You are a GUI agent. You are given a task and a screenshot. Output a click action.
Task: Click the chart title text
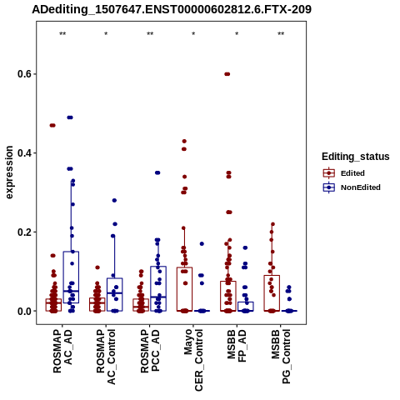172,9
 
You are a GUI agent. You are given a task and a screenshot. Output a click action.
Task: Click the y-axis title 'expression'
9,172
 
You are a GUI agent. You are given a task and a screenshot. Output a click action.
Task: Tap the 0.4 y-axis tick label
25,152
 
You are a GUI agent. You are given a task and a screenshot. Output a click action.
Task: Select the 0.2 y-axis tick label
25,232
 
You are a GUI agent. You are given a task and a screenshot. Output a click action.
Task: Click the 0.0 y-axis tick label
25,311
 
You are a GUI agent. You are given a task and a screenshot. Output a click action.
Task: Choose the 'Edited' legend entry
344,173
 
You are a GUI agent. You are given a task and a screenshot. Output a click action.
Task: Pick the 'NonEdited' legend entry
352,187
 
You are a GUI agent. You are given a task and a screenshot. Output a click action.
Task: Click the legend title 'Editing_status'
356,157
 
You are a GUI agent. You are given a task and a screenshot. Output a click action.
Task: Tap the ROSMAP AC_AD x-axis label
62,351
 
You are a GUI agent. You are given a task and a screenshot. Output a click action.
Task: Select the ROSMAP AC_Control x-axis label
106,357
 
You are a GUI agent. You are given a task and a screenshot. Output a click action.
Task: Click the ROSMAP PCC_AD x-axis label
150,351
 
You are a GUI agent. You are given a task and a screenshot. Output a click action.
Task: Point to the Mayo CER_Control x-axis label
193,360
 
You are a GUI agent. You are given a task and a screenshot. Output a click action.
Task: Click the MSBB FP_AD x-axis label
237,346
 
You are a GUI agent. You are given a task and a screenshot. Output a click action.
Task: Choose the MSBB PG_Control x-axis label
281,357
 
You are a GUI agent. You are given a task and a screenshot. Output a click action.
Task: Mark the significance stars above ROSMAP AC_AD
62,34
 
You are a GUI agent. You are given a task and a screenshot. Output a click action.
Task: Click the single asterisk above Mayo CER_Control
193,34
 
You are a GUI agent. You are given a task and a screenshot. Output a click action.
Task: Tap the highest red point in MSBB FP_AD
227,74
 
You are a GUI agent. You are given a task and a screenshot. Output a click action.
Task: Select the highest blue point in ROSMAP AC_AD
70,117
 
